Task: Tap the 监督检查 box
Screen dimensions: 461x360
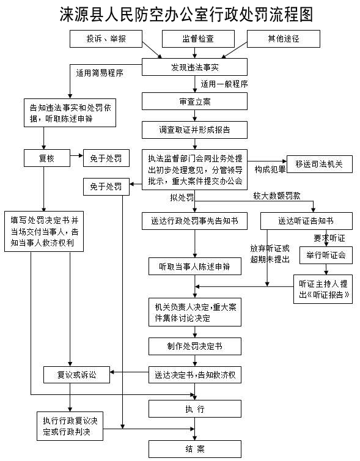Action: coord(198,39)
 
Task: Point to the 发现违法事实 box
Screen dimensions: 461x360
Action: coord(194,66)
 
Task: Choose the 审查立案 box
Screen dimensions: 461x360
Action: coord(194,101)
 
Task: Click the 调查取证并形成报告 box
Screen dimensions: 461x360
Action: coord(194,130)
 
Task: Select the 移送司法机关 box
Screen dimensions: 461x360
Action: coord(319,164)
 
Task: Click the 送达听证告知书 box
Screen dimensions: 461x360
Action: coord(306,221)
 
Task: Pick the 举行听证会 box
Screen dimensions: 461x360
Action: coord(326,255)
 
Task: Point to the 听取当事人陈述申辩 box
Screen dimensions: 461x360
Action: coord(194,267)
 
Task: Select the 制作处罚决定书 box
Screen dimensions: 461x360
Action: coord(194,346)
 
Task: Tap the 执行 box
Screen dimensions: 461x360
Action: coord(194,408)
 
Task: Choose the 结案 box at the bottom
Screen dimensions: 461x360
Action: coord(194,448)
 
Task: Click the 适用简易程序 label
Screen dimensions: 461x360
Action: coord(100,73)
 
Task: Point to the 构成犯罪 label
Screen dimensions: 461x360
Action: coord(268,169)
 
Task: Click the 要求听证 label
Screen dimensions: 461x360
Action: coord(329,237)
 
